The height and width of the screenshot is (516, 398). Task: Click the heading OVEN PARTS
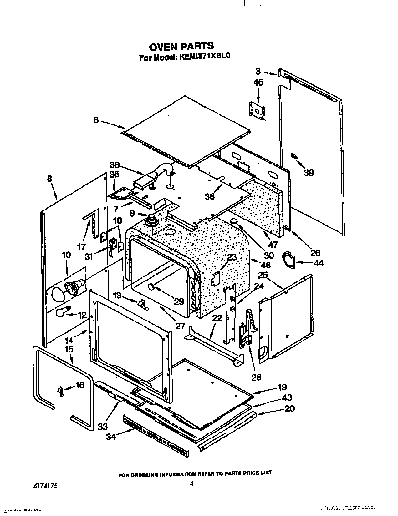point(181,46)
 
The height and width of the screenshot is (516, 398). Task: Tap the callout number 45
point(258,83)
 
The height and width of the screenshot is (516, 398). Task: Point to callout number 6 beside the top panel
point(96,119)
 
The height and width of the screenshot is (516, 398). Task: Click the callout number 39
point(308,172)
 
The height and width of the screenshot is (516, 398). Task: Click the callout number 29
point(179,301)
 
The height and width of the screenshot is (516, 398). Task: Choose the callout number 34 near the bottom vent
point(111,436)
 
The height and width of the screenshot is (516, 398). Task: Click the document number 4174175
point(45,486)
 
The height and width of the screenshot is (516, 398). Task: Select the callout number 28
point(256,377)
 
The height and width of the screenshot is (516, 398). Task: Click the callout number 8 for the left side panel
point(49,179)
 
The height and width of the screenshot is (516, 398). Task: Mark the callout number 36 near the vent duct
point(115,165)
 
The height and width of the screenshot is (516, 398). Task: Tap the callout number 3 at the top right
point(258,71)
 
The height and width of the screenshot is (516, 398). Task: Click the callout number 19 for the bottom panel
point(282,387)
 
